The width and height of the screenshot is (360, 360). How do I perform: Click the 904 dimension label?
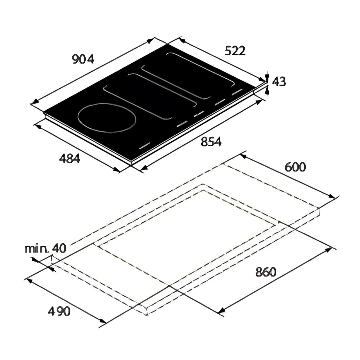(x=83, y=59)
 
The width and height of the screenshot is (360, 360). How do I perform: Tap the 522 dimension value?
(x=235, y=51)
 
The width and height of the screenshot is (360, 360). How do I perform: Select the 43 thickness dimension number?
(x=279, y=82)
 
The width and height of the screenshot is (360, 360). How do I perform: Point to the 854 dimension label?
(x=211, y=142)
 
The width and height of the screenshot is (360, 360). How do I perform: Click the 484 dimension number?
(x=69, y=158)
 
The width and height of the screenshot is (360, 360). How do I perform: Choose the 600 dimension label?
(x=295, y=167)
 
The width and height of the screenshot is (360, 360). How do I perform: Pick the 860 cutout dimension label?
(x=266, y=272)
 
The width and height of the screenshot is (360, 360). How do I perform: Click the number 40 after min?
(x=59, y=248)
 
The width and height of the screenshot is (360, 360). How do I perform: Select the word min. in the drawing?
(x=37, y=249)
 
